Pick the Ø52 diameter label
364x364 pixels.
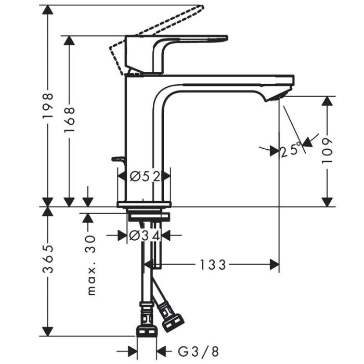coord(144,176)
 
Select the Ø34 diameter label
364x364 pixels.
coord(144,236)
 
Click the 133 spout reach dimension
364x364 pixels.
coord(213,265)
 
